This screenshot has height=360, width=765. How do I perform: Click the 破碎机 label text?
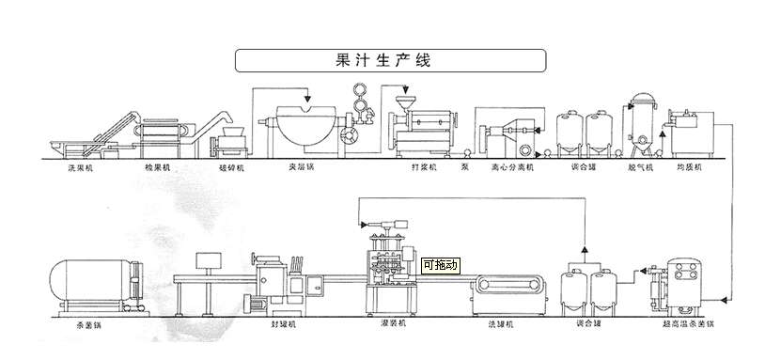(x=231, y=167)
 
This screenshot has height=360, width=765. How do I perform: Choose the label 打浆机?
(x=412, y=167)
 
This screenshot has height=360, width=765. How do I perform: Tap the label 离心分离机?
(x=511, y=167)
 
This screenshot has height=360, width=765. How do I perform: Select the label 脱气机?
(x=641, y=167)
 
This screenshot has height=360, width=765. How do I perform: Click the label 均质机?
(x=690, y=167)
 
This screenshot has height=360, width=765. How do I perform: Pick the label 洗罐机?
(x=502, y=323)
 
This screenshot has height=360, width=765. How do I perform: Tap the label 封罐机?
(x=282, y=323)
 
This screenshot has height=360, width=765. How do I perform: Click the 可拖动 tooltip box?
(x=440, y=266)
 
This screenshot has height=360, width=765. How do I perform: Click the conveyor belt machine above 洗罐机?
(x=508, y=288)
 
